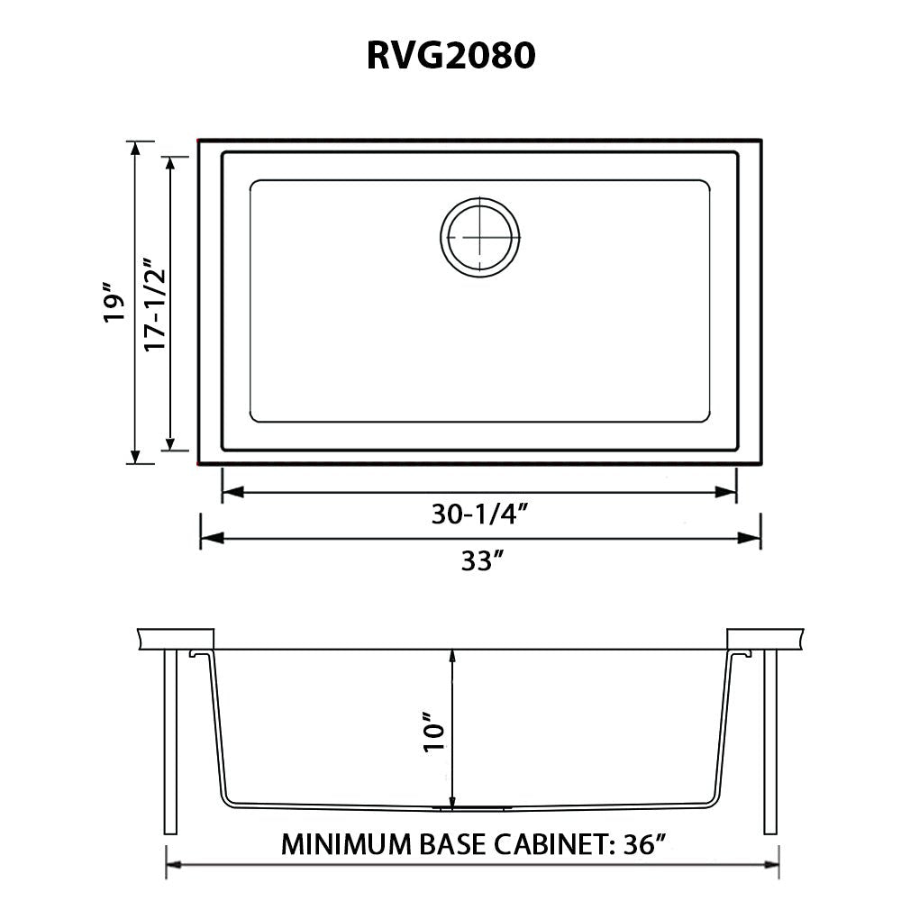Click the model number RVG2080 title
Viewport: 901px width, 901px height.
[450, 56]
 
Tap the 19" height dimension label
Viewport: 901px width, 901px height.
[112, 304]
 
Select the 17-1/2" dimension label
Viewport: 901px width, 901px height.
[156, 304]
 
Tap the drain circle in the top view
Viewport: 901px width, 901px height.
[480, 234]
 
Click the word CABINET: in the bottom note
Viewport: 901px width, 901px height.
[551, 845]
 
